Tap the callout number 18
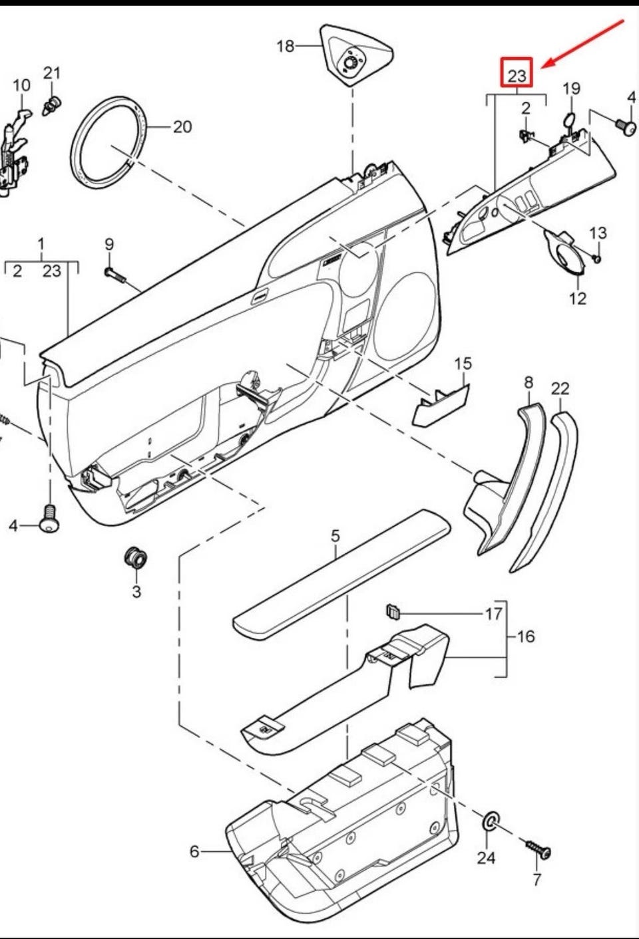click(x=285, y=46)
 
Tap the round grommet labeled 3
click(x=136, y=557)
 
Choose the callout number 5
click(x=335, y=535)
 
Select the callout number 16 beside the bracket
click(x=526, y=636)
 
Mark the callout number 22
click(x=560, y=388)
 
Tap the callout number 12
click(x=578, y=299)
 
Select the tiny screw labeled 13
click(x=596, y=258)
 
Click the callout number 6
click(x=194, y=851)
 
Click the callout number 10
click(x=21, y=85)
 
